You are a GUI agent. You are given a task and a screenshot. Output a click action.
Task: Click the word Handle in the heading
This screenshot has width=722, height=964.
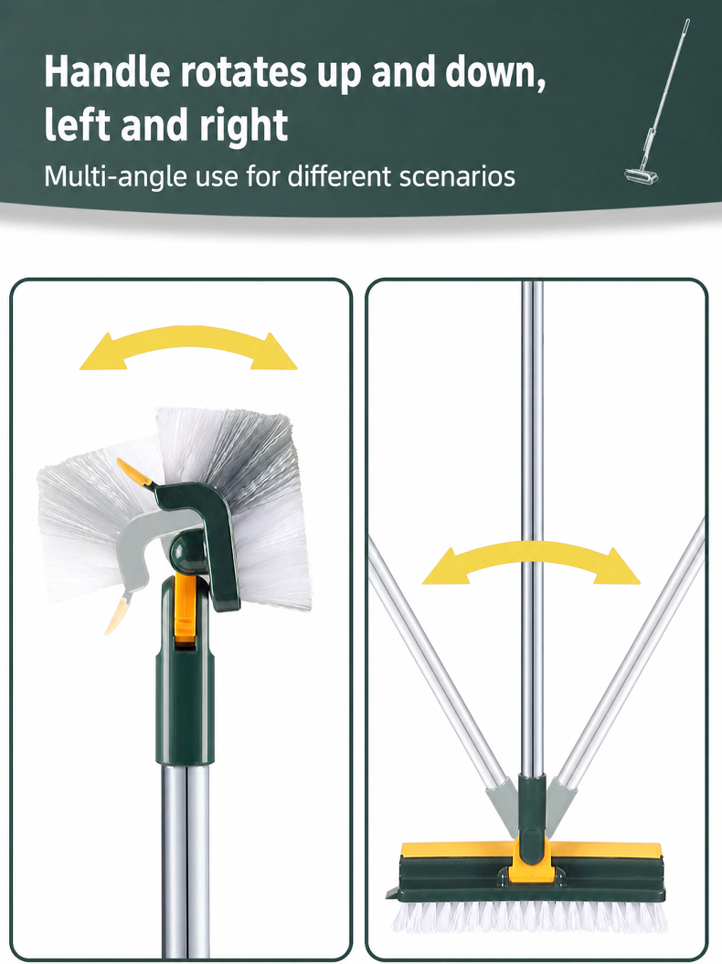pos(106,71)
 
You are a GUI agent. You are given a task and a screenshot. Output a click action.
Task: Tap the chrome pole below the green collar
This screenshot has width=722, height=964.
pos(186,861)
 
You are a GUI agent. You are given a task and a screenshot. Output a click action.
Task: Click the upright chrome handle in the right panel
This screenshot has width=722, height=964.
pos(532,529)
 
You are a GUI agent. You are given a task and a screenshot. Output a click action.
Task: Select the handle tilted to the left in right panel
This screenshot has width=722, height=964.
pos(438,664)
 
